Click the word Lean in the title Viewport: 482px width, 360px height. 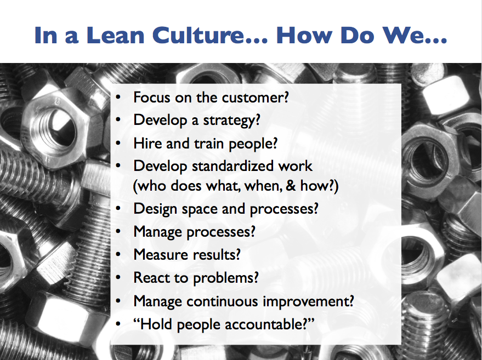click(x=116, y=35)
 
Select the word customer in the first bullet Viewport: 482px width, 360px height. click(x=256, y=98)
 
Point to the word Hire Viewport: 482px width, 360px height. click(x=146, y=143)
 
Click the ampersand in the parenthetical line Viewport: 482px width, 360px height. click(x=291, y=186)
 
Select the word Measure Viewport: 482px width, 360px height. click(x=158, y=255)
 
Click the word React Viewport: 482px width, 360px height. click(x=151, y=278)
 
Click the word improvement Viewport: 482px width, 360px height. click(x=308, y=301)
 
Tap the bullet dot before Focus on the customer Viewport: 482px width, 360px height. click(x=118, y=98)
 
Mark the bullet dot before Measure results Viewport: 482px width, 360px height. click(x=118, y=255)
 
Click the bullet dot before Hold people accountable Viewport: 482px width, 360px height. click(x=118, y=324)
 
